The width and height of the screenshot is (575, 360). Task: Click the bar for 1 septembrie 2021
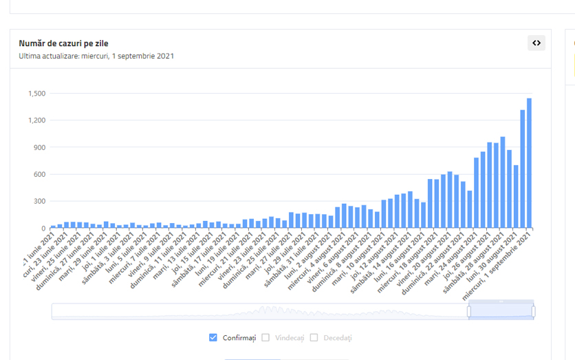point(529,163)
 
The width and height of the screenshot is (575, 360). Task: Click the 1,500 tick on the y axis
point(36,94)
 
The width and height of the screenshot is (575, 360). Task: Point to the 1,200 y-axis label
point(36,120)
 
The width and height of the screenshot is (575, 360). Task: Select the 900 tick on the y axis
point(39,147)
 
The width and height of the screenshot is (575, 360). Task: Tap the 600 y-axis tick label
point(39,174)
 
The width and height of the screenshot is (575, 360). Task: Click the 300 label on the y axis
point(39,201)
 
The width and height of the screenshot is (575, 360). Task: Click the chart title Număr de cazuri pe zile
point(63,43)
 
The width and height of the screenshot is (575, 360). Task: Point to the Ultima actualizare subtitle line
point(96,56)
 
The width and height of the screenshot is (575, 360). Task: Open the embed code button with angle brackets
point(536,43)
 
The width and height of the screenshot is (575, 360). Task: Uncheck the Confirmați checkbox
point(213,337)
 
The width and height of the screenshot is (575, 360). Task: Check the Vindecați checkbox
point(265,337)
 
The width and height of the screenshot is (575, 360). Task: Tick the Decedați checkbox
point(314,337)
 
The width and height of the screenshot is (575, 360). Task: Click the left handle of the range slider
point(469,312)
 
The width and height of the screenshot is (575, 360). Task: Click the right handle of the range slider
point(533,312)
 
